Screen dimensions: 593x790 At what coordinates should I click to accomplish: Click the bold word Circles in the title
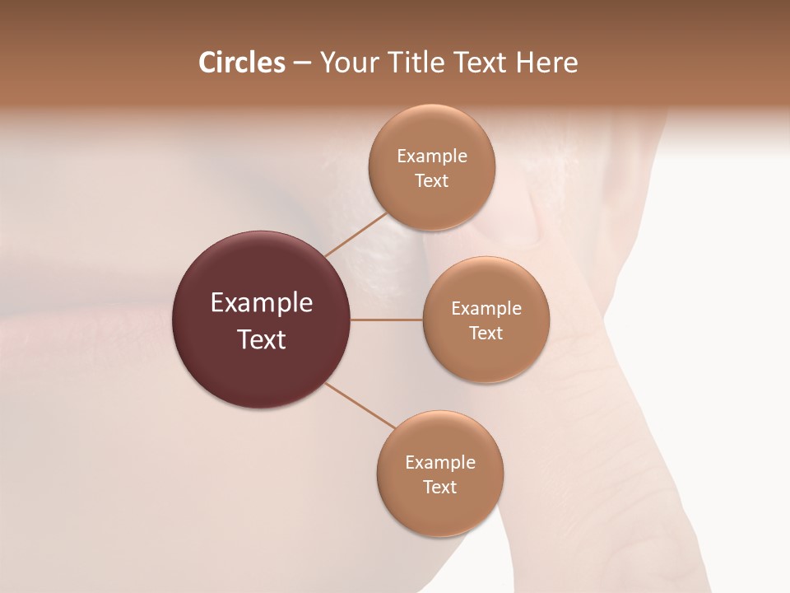[241, 63]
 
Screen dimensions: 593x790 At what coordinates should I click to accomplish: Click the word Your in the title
[346, 63]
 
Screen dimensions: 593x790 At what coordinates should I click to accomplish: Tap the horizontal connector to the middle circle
[387, 320]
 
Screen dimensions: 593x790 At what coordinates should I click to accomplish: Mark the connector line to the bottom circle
[360, 405]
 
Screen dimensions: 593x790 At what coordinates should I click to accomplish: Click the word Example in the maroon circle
[262, 303]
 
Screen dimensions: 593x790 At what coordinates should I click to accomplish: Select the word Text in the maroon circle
[262, 339]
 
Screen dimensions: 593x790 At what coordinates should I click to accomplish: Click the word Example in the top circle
[432, 156]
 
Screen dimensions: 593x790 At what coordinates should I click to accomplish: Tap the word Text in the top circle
[432, 180]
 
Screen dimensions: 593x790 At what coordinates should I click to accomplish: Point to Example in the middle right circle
[486, 308]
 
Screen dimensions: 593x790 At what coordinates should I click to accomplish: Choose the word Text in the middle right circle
[486, 333]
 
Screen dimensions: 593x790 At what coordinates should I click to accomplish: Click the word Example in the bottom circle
[440, 462]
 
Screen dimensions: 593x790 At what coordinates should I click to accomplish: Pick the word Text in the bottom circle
[440, 487]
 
